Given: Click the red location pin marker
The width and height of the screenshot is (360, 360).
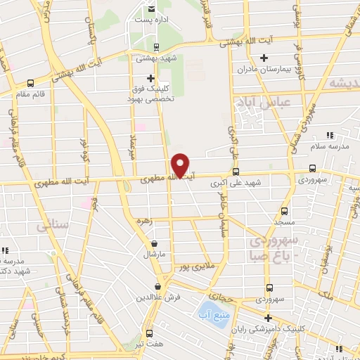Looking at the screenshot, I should [x=181, y=165].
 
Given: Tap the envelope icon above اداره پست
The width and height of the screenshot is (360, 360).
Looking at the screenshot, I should [x=151, y=9].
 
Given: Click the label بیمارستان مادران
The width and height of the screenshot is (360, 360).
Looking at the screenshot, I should [x=264, y=70].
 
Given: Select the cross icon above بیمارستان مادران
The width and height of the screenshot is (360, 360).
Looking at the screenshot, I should [x=264, y=58].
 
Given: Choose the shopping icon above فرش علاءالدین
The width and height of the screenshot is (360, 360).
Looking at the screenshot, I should [x=157, y=287].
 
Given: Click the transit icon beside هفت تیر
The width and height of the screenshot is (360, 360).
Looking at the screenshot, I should [x=148, y=333].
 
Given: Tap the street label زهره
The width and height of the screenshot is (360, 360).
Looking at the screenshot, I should [x=145, y=221].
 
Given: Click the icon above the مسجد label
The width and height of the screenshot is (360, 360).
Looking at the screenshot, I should [x=285, y=210].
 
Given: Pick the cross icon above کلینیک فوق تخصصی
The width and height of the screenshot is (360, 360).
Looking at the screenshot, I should [x=150, y=78].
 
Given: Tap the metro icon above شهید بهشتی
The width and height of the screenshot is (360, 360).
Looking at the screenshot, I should [x=155, y=48].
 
